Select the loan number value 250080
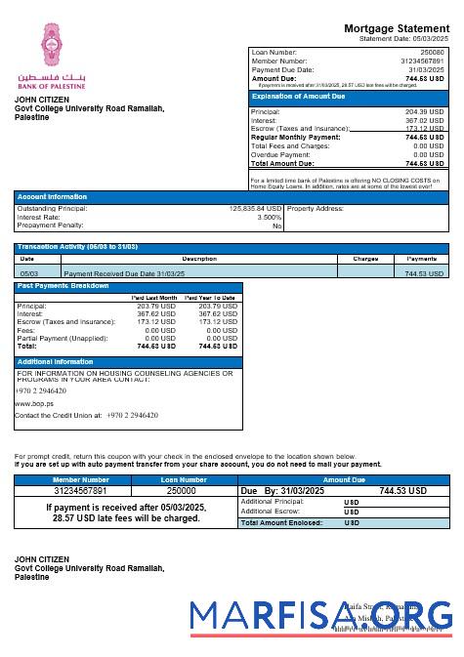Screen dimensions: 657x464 (x=431, y=52)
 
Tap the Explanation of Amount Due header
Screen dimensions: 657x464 (x=298, y=97)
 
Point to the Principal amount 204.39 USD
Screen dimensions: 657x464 (x=425, y=112)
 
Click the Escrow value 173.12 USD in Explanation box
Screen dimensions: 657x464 (x=425, y=129)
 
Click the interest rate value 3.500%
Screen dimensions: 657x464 (x=269, y=217)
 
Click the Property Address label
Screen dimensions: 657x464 (x=316, y=208)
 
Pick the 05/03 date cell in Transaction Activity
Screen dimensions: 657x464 (x=29, y=274)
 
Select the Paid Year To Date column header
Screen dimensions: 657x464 (x=211, y=297)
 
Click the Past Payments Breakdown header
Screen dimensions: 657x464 (x=63, y=286)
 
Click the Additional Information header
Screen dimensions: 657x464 (x=56, y=361)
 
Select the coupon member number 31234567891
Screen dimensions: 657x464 (x=81, y=491)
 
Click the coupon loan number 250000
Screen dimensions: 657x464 (x=183, y=491)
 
